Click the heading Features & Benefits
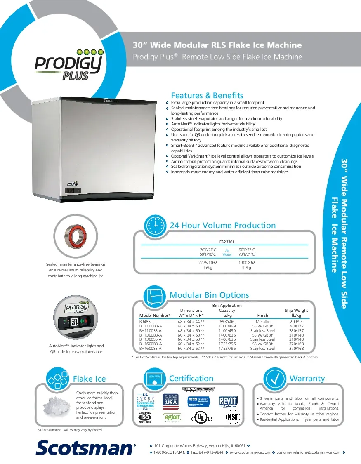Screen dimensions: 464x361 207,95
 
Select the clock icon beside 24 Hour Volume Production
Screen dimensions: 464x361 156,225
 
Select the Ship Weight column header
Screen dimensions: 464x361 296,313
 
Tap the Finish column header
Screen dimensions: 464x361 262,315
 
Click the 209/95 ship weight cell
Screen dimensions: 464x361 296,321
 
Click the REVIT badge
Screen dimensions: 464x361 228,401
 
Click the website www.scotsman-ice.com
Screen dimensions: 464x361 250,452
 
